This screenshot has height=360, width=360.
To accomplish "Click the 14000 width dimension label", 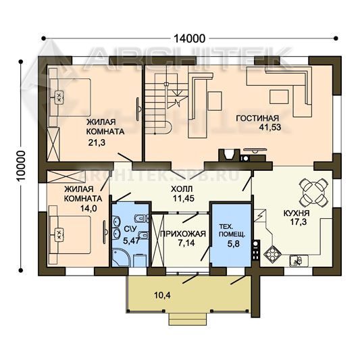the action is point(189,38).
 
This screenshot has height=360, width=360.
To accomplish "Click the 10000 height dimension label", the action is point(22,165).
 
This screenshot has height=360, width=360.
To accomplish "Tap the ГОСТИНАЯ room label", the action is point(257,118).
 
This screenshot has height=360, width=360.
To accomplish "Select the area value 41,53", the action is point(270,127).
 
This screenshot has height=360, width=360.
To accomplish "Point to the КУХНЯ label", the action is point(297,213).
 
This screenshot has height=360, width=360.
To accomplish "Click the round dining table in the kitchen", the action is point(313,192).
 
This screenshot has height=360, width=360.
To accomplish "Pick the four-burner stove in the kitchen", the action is point(272,254).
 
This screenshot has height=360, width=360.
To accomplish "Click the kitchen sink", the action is point(299,261).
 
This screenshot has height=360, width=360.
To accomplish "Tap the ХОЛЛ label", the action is point(182,189).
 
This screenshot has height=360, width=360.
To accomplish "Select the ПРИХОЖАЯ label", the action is point(183,234).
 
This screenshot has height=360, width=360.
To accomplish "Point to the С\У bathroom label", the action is point(130,229).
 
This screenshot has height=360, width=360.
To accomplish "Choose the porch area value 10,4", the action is point(162,295).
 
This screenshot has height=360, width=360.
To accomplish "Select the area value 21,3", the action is point(97,143).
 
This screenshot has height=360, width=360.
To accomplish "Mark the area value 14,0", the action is point(88,208).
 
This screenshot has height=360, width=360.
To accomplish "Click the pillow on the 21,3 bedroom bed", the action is point(59,97).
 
